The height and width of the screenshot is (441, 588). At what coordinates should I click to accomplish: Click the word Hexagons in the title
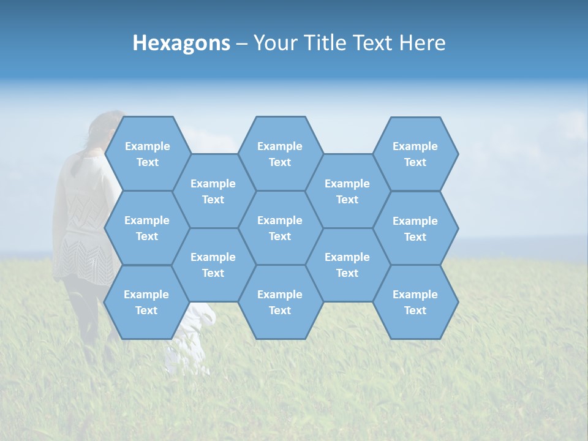coord(181,43)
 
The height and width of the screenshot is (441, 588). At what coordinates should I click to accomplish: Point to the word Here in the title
coord(422,43)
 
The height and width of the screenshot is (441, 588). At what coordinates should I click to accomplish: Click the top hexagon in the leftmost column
coord(147,154)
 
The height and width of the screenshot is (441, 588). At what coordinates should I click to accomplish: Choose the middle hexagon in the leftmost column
coord(147,228)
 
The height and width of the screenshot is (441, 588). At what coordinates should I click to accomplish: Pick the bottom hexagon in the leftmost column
coord(146,302)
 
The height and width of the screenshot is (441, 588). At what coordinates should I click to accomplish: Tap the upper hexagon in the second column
coord(213,191)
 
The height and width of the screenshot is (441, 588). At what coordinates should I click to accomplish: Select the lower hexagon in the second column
coord(213,265)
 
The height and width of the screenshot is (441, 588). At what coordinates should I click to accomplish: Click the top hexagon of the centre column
coord(280,154)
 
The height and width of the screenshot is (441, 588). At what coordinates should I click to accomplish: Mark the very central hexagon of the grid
coord(280,228)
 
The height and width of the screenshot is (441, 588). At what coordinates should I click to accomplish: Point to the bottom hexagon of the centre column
coord(280,302)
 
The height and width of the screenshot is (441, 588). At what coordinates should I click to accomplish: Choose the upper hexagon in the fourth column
coord(347,191)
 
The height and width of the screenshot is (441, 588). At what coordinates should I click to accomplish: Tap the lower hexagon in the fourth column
coord(347,265)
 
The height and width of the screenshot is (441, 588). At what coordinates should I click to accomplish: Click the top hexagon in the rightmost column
coord(415,154)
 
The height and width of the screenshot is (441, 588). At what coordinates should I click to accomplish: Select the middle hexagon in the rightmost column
coord(415,228)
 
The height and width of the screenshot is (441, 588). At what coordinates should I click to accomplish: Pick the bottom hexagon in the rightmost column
coord(415,302)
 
